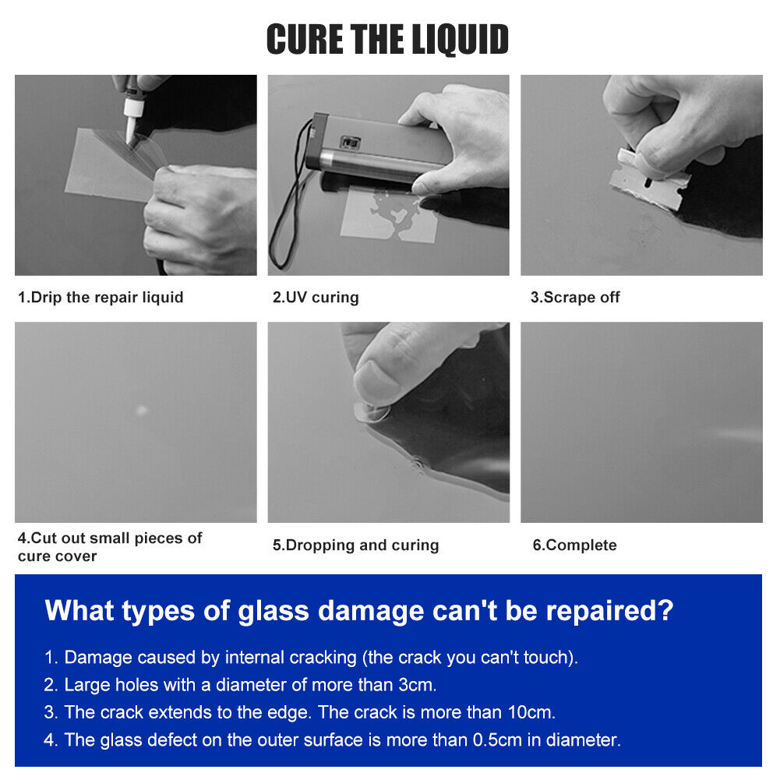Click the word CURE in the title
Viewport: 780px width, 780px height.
(x=305, y=39)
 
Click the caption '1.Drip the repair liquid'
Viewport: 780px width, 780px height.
(x=101, y=298)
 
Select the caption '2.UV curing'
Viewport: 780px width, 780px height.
(x=316, y=298)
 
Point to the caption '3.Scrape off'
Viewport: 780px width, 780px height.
(x=575, y=298)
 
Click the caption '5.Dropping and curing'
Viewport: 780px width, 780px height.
(x=355, y=545)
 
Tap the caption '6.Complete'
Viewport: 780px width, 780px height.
(x=574, y=545)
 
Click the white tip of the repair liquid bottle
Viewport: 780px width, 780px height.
(x=132, y=121)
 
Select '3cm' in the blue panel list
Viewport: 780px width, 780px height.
(x=417, y=685)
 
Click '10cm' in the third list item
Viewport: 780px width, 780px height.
(x=531, y=712)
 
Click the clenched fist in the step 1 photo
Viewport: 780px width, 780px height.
(x=199, y=219)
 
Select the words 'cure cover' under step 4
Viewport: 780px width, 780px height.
(x=57, y=556)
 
